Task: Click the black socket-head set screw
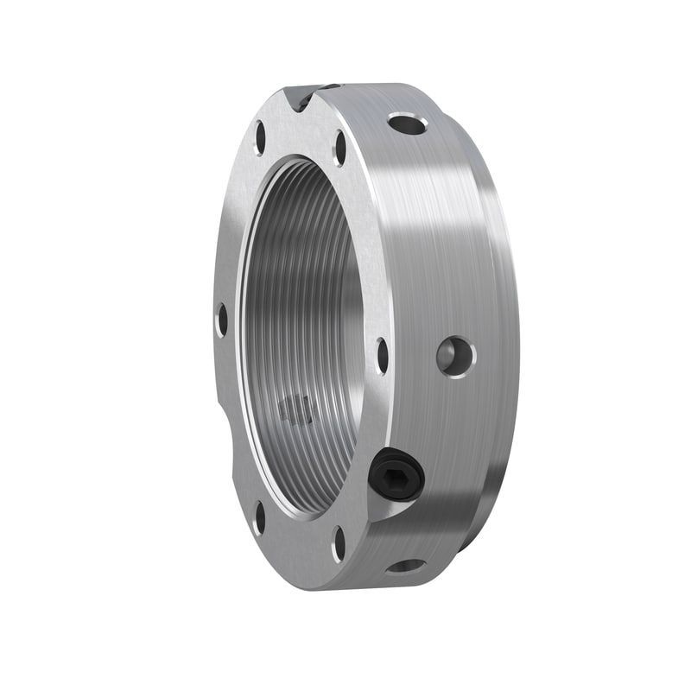[396, 475]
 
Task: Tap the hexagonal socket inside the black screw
[394, 473]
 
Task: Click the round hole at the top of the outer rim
[407, 124]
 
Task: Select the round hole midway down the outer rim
[455, 355]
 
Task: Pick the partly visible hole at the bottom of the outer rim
[406, 567]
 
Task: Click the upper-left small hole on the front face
[260, 137]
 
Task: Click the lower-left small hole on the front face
[259, 517]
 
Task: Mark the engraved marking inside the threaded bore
[296, 408]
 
